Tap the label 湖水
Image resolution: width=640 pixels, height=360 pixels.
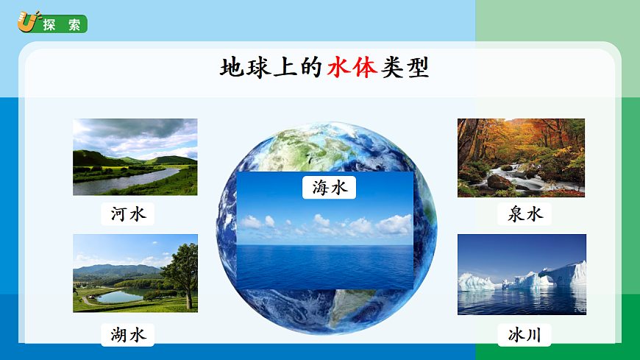[129, 335]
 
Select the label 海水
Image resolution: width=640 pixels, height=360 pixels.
[329, 187]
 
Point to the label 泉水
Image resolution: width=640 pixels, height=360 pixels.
[524, 214]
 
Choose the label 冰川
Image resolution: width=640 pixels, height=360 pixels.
[524, 335]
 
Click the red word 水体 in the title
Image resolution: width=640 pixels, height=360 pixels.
[352, 68]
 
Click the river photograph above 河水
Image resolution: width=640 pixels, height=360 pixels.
[135, 157]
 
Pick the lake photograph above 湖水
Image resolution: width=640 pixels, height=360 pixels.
[135, 273]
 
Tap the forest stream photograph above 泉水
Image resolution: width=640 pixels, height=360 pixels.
[521, 158]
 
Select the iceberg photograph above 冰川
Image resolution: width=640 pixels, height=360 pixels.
[522, 274]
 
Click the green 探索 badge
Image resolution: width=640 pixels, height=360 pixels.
[62, 24]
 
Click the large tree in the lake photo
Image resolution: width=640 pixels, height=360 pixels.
[181, 269]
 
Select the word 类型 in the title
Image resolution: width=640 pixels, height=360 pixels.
[405, 68]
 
